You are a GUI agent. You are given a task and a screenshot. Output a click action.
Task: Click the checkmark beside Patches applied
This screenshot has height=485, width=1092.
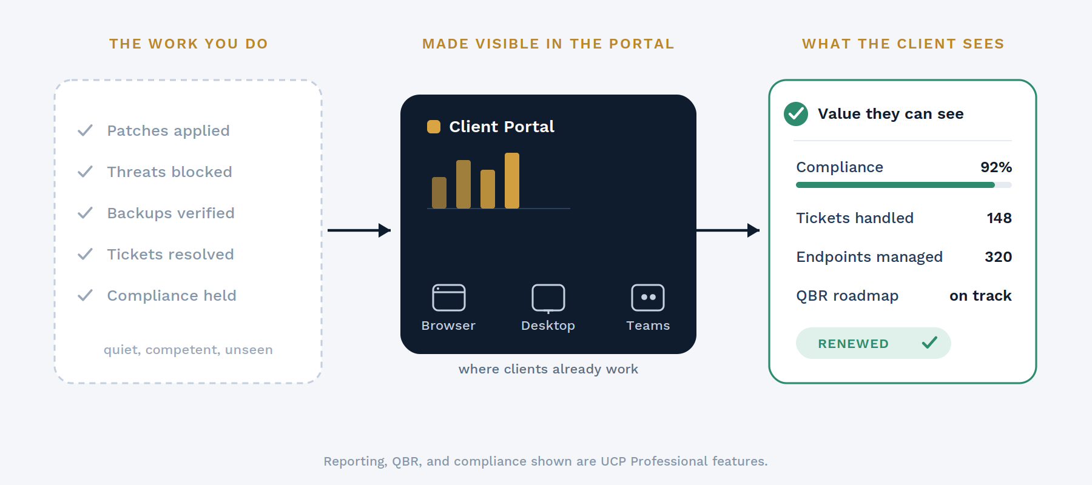[85, 130]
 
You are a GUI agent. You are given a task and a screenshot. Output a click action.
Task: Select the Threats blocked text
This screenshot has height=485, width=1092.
[169, 172]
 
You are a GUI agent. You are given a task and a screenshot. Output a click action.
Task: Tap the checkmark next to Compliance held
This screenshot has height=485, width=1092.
[85, 295]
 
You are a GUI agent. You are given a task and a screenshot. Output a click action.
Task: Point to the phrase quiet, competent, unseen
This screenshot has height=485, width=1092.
[188, 350]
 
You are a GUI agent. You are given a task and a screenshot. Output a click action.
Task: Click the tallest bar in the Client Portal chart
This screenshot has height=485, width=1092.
[512, 181]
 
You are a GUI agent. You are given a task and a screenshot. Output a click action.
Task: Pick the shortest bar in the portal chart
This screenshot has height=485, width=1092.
[439, 193]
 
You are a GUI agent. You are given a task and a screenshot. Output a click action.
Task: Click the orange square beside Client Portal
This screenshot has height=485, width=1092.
[434, 127]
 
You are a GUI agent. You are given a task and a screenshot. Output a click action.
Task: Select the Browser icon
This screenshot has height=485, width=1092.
[449, 298]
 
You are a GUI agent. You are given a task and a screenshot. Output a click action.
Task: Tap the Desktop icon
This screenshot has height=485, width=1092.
[548, 298]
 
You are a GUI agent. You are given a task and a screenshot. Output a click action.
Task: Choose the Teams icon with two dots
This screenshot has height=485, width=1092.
[648, 298]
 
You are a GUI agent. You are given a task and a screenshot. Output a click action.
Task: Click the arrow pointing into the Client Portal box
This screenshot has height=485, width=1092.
[359, 230]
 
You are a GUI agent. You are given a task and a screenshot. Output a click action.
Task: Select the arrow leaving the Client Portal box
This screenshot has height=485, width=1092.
[728, 230]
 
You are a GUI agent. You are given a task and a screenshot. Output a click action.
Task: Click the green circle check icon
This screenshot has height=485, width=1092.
[796, 114]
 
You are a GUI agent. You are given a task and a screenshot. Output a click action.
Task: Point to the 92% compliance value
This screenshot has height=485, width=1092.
[996, 167]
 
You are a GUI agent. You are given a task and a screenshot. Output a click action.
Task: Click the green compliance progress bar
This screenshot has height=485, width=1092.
[895, 185]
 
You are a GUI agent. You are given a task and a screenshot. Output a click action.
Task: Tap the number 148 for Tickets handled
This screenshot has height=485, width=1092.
[999, 218]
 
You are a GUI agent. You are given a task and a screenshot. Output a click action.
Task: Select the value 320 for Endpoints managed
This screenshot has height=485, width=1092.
[998, 257]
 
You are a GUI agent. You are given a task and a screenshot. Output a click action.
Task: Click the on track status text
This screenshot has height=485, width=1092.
[980, 296]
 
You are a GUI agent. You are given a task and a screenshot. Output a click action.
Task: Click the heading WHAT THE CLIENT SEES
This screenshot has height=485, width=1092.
[903, 44]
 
